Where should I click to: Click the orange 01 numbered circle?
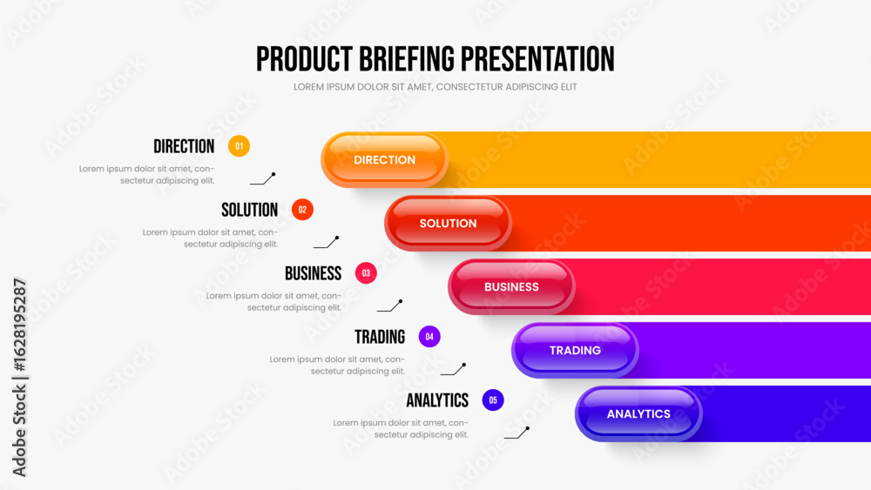[x=239, y=146]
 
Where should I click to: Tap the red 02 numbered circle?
[x=302, y=209]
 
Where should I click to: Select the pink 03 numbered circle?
[x=366, y=273]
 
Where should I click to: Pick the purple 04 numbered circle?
[x=429, y=336]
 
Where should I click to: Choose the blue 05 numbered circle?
[x=493, y=400]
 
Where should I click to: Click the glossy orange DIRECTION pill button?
[x=384, y=160]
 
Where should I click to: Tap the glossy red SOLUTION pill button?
[x=448, y=223]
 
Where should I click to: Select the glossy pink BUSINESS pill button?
[x=511, y=287]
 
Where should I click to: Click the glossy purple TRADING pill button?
[x=575, y=350]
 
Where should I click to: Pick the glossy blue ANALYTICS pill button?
[x=638, y=414]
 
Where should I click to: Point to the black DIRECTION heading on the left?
[x=184, y=146]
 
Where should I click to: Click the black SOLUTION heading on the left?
[x=249, y=210]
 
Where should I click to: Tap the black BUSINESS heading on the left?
[x=314, y=273]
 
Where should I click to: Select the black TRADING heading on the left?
[x=380, y=337]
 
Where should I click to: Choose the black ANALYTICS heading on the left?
[x=437, y=400]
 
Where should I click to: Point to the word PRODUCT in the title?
[x=304, y=59]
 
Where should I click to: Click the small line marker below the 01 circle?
[x=262, y=178]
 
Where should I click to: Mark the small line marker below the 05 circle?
[x=517, y=433]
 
